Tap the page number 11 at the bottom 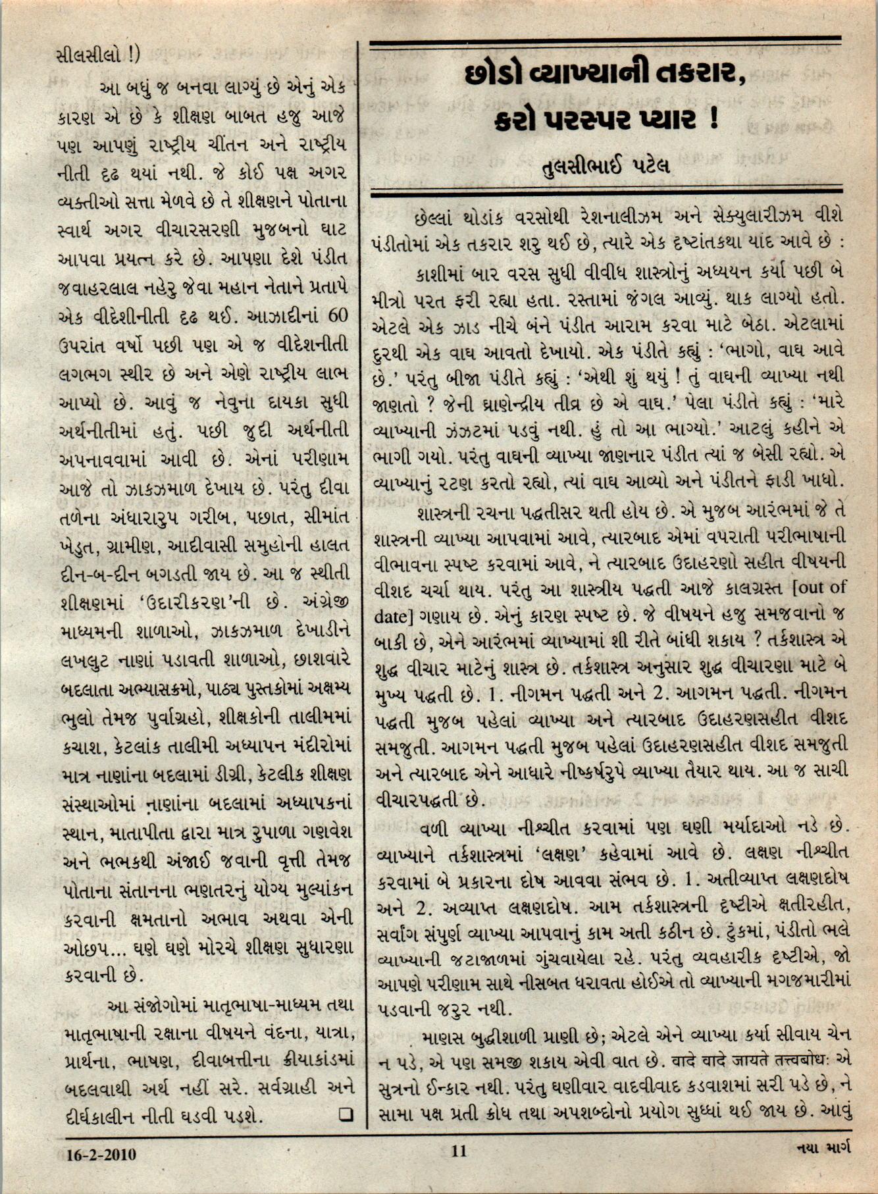[459, 1151]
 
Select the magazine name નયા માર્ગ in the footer [823, 1149]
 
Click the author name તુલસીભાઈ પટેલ [605, 165]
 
